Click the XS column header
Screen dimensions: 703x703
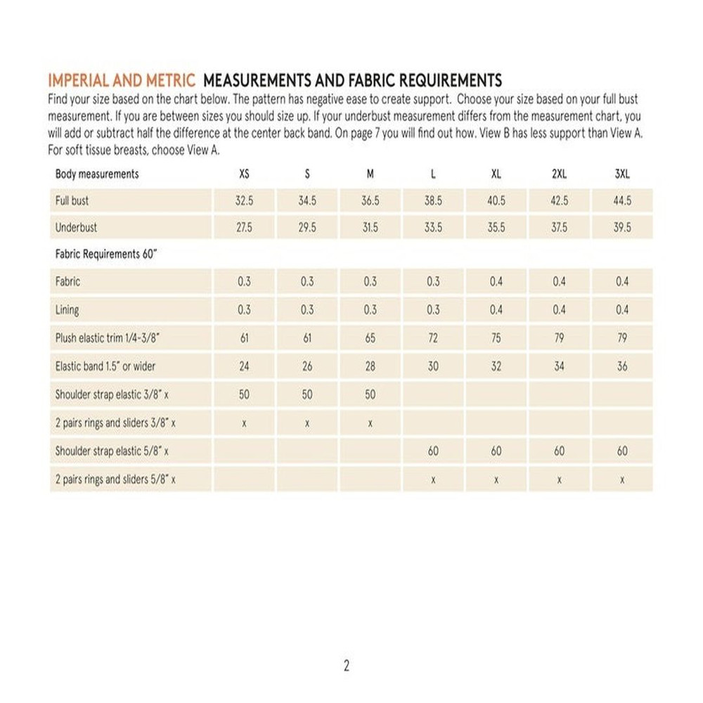[244, 174]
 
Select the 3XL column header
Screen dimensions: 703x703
[622, 174]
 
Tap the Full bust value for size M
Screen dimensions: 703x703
[370, 201]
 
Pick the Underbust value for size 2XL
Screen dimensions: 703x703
[559, 228]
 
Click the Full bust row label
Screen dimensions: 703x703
[72, 201]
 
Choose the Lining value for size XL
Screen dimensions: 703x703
[496, 310]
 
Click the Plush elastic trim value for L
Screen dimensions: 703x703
[433, 338]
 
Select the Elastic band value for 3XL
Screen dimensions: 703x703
[622, 366]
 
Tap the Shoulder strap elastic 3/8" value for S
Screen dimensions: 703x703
[307, 395]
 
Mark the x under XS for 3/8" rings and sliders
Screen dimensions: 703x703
[244, 423]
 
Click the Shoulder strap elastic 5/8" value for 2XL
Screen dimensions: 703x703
[559, 451]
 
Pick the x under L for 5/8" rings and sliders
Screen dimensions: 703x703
[433, 479]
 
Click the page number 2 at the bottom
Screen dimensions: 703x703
[347, 666]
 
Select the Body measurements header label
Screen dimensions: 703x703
[97, 174]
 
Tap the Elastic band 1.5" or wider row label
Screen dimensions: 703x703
[105, 366]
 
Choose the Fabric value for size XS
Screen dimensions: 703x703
[244, 282]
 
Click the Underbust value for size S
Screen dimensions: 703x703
[307, 228]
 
